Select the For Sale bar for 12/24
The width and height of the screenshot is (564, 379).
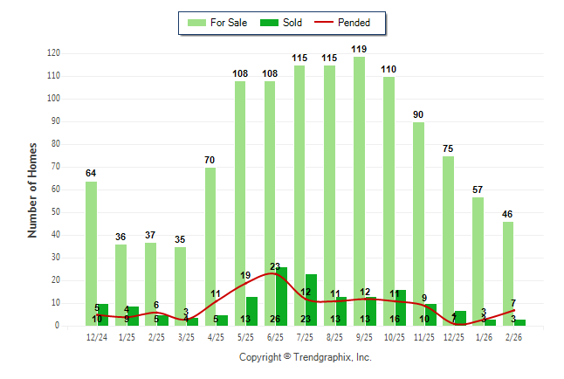pyautogui.click(x=91, y=253)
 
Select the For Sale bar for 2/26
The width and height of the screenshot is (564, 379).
pyautogui.click(x=508, y=273)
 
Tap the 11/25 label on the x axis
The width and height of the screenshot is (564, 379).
pyautogui.click(x=425, y=337)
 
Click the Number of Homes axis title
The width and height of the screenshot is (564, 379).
pyautogui.click(x=32, y=189)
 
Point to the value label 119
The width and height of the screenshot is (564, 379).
pyautogui.click(x=359, y=49)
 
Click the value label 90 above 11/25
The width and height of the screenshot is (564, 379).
pyautogui.click(x=419, y=115)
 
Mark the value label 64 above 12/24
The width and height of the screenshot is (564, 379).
pyautogui.click(x=91, y=173)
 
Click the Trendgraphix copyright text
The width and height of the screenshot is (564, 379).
pyautogui.click(x=305, y=357)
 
